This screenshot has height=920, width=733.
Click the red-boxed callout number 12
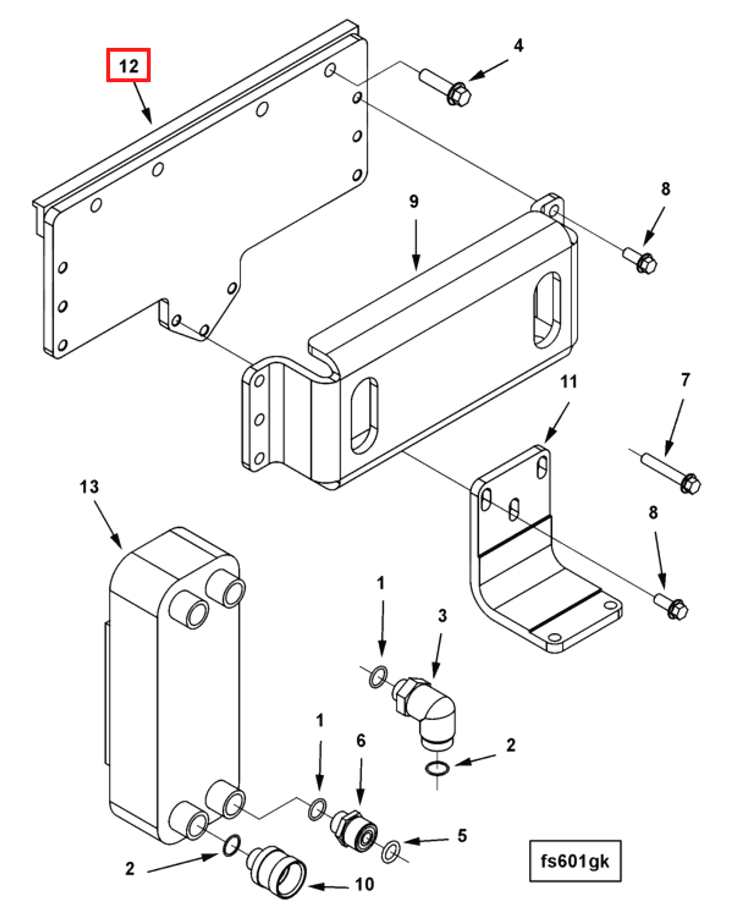128,65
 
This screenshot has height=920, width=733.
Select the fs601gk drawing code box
575,861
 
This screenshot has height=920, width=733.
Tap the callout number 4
518,45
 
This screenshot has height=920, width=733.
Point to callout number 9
414,201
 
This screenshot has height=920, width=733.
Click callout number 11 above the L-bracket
568,382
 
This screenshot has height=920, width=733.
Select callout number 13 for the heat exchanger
89,487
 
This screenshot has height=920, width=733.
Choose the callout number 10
364,884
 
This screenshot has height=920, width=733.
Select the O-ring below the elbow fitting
437,769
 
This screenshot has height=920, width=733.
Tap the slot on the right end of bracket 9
547,310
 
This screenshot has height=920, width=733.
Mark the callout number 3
442,616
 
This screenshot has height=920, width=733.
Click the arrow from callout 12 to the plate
143,103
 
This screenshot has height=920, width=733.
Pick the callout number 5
462,835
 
